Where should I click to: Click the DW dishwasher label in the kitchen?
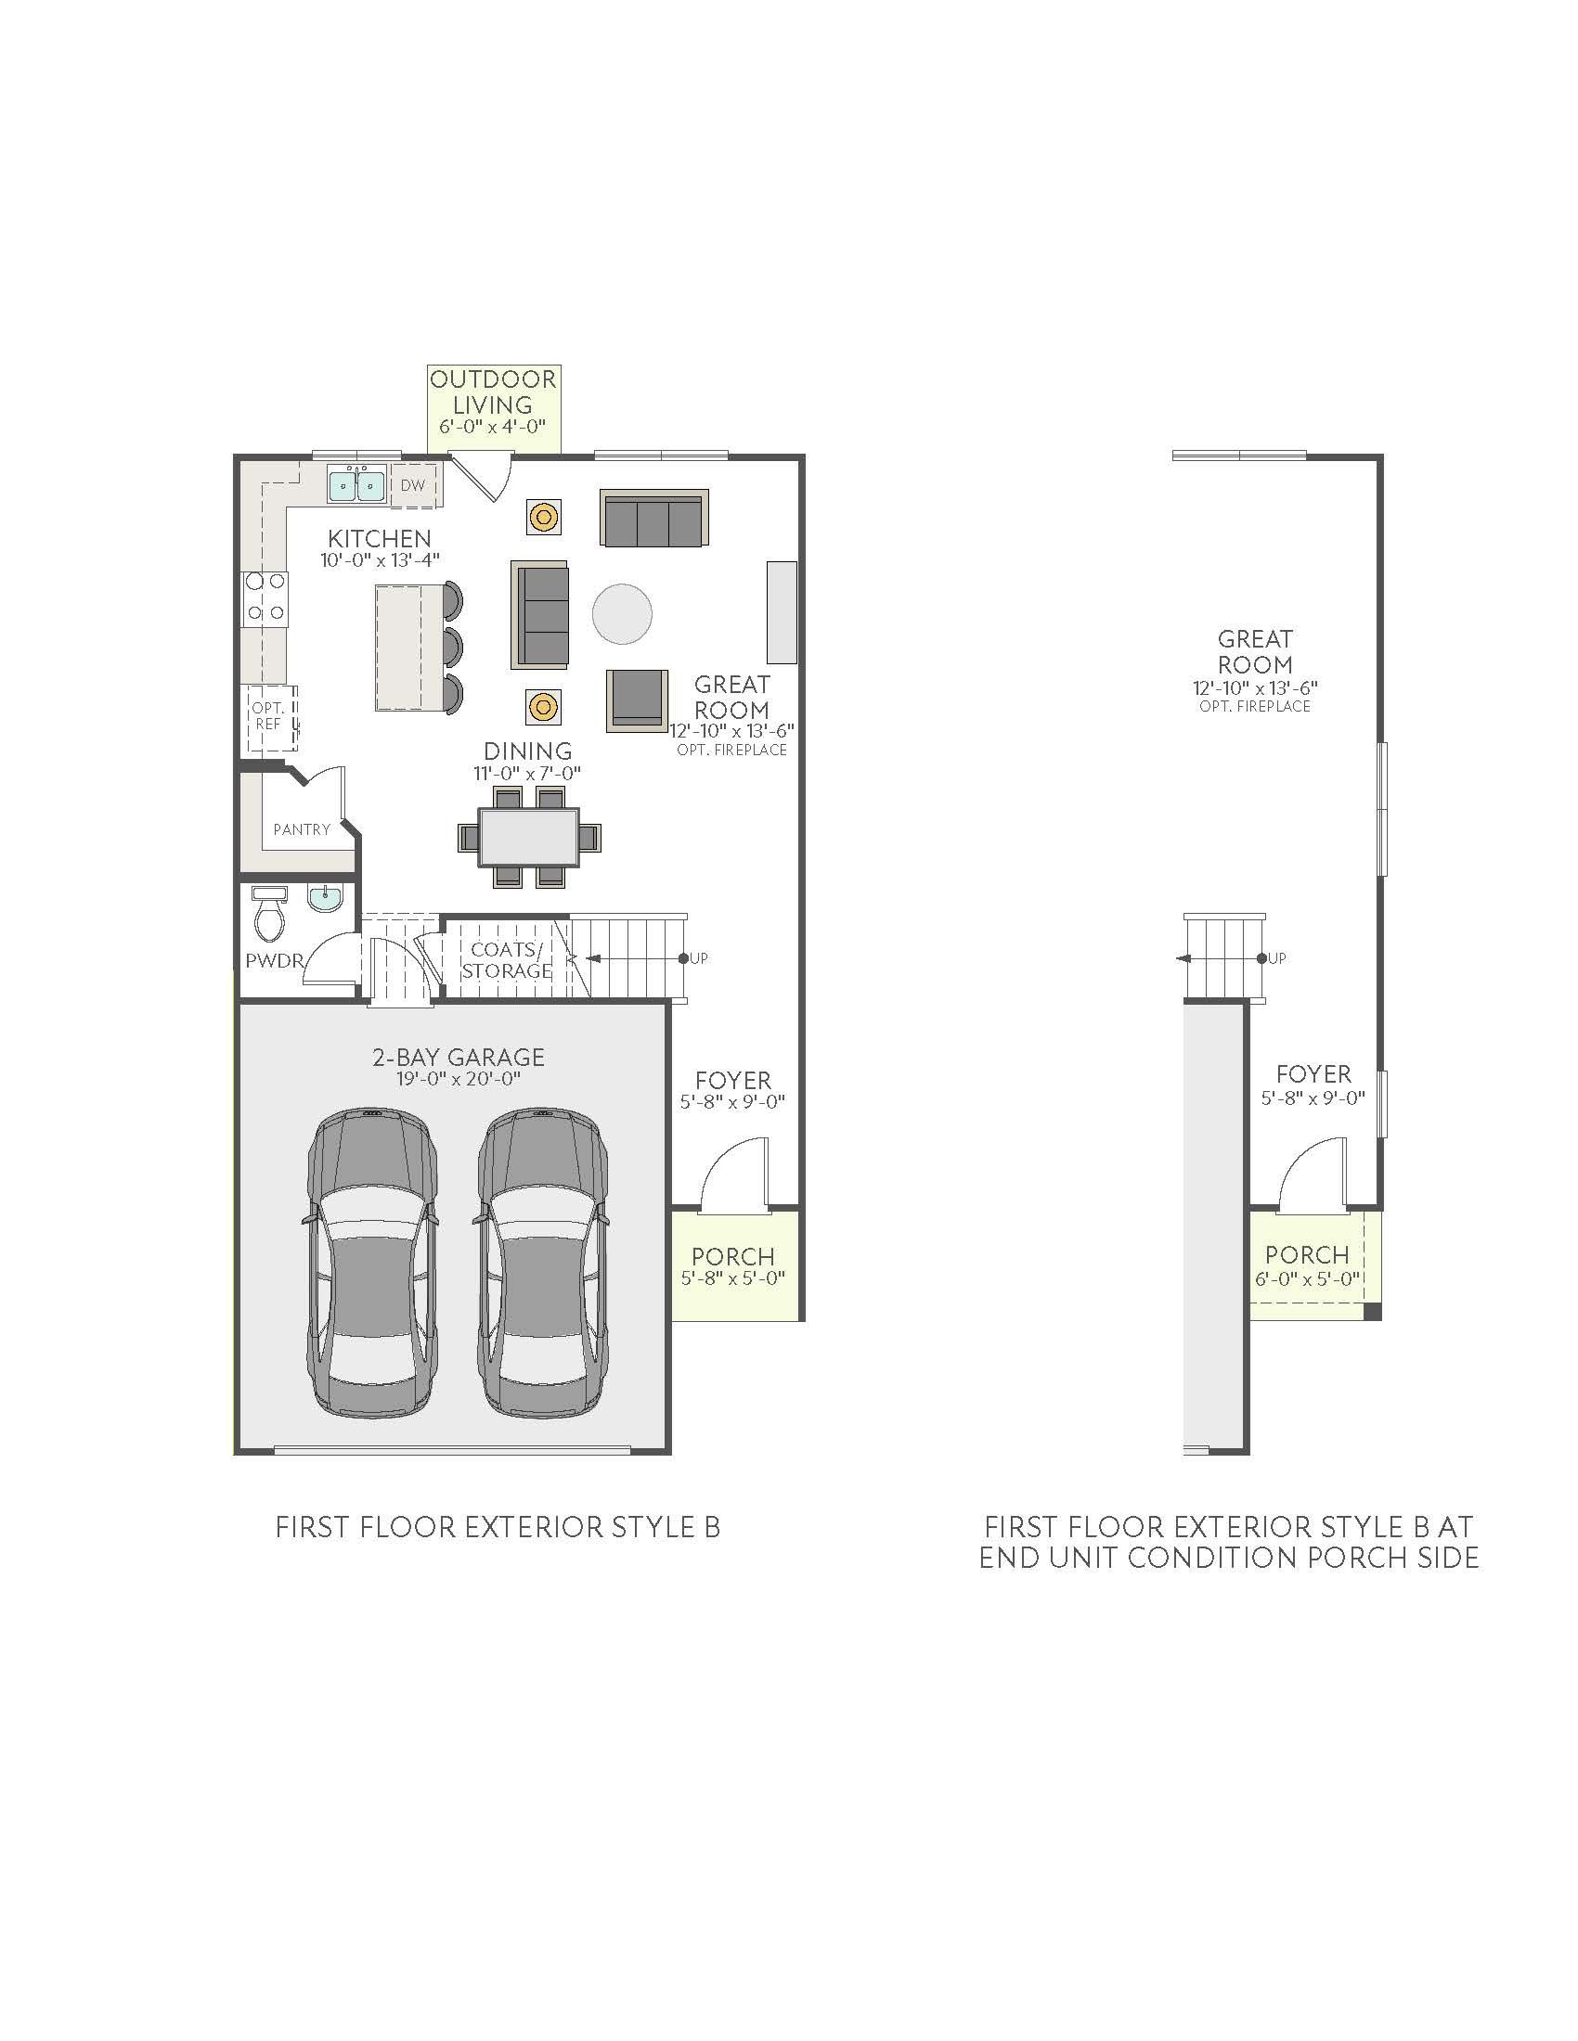[x=412, y=486]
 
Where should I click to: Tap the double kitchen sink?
[x=356, y=484]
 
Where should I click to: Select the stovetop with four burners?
[x=265, y=598]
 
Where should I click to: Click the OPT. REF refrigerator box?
[x=269, y=719]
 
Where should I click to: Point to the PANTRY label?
[x=301, y=828]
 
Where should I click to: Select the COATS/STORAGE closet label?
[x=506, y=960]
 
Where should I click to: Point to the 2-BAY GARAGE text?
[x=458, y=1057]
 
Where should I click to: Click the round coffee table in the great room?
[x=622, y=613]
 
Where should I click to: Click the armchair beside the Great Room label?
[x=637, y=699]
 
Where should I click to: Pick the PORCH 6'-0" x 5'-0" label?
[x=1307, y=1264]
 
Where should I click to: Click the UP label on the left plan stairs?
[x=698, y=958]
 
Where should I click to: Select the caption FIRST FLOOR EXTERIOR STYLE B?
[x=498, y=1527]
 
